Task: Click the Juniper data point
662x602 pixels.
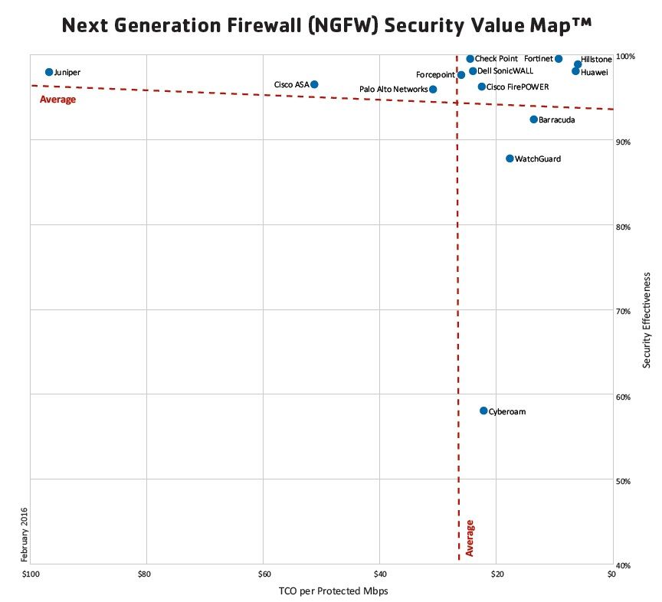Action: point(49,72)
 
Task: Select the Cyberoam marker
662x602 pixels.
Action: point(483,411)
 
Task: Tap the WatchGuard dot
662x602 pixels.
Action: point(510,159)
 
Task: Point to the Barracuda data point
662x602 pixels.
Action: point(534,119)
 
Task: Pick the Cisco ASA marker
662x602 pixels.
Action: point(314,84)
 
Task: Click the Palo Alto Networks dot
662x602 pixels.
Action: point(433,90)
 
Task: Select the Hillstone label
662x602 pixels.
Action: point(597,59)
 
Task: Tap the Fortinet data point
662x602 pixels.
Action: point(559,59)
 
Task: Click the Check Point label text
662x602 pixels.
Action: point(496,59)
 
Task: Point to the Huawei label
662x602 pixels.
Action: point(595,72)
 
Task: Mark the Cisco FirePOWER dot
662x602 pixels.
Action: point(481,87)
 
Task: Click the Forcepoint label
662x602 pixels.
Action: point(435,75)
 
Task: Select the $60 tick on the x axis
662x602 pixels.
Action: point(264,574)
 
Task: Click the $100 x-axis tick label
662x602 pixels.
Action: point(30,574)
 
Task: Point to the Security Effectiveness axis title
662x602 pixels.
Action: point(647,319)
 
